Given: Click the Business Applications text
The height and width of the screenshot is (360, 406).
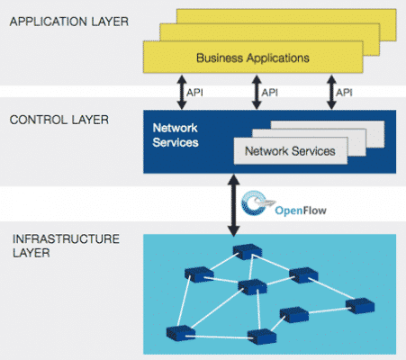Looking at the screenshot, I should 253,58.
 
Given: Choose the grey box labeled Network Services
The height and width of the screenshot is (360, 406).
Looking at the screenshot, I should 290,151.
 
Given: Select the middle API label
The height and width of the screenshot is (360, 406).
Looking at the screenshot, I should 268,92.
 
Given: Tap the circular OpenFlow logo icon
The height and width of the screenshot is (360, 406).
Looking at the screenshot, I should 257,202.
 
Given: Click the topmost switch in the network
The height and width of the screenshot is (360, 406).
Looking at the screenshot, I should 240,251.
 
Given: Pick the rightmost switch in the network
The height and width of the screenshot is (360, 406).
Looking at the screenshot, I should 361,304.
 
